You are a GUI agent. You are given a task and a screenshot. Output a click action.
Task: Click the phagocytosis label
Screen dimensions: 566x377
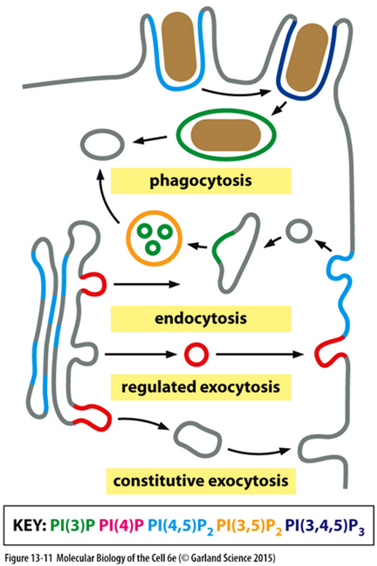201,181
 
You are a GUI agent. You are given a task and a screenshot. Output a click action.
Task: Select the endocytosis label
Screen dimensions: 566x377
201,319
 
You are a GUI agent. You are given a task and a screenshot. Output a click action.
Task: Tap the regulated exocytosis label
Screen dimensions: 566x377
201,387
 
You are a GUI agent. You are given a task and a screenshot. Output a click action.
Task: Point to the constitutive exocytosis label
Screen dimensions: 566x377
201,481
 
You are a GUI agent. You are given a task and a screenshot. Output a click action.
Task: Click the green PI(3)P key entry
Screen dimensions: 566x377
72,525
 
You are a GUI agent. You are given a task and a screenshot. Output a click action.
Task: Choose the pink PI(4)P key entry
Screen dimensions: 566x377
121,525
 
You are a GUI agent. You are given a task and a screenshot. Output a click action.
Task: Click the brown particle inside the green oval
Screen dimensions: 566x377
226,135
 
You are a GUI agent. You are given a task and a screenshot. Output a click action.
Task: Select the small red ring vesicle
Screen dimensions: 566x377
196,354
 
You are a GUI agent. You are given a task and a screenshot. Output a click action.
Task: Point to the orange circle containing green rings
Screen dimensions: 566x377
154,238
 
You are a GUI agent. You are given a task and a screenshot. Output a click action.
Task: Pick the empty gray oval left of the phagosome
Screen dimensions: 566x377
102,144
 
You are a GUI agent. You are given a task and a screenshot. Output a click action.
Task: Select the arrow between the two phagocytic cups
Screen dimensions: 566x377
236,93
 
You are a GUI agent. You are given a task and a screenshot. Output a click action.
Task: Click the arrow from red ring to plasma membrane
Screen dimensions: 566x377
259,354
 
